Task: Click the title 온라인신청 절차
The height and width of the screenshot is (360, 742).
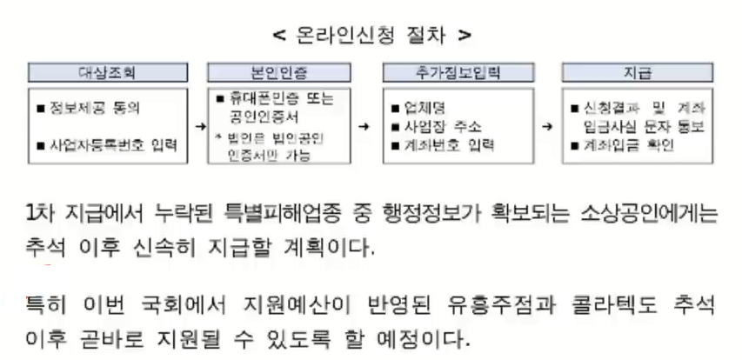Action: (372, 36)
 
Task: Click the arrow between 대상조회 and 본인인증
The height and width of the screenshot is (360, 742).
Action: (199, 125)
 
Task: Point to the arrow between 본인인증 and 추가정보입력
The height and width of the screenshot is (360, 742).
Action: (372, 125)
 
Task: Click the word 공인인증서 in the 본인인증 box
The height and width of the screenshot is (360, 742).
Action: (262, 113)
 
